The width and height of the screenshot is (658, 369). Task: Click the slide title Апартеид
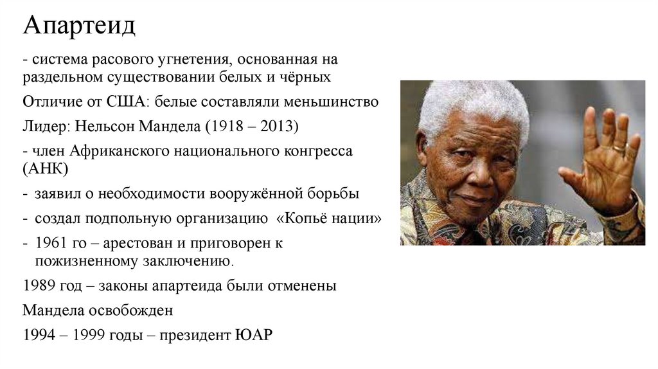pos(79,27)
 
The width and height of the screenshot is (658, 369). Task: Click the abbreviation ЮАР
pos(254,335)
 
